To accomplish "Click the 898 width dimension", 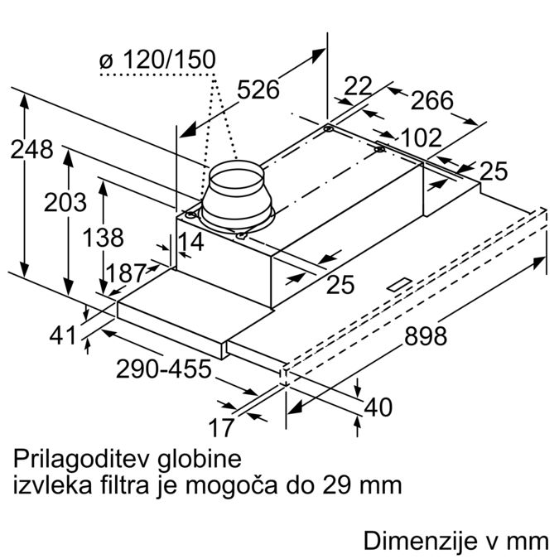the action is pos(426,336).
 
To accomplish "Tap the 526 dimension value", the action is pos(258,89).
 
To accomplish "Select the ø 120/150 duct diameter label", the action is pos(157,59).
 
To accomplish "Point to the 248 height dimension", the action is pos(31,149).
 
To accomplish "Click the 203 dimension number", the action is pos(65,202).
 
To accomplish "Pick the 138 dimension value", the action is pos(103,238).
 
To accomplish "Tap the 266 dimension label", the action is pos(432,100).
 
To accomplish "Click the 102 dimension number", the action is pos(421,137).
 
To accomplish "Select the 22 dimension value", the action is pos(358,86).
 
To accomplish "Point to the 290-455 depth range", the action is pos(164,369).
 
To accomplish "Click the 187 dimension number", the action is pos(126,273).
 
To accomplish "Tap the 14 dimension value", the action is pos(190,242).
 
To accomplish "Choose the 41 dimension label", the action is pos(63,335).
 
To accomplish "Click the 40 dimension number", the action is pos(378,407).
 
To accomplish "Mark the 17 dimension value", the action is pos(221,427).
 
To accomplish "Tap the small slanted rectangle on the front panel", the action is pos(400,285).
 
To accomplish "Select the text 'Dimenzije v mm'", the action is pos(456,541).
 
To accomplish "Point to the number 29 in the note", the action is pos(335,484).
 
